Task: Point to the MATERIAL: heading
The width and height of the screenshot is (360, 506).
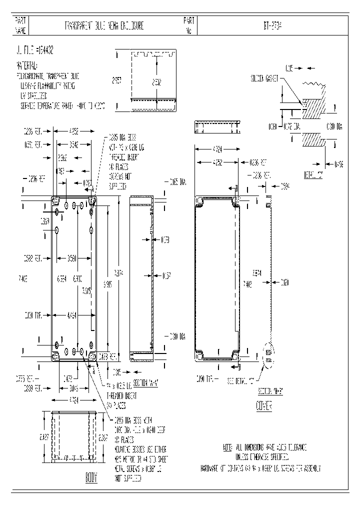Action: click(x=29, y=66)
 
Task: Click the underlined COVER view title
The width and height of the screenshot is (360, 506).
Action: click(x=263, y=406)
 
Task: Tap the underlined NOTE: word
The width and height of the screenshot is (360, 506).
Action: click(x=227, y=446)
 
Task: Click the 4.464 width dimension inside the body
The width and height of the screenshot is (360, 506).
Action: click(x=72, y=315)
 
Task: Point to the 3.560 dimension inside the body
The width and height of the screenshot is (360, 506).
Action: click(x=72, y=258)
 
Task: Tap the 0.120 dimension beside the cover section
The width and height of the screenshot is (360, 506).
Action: click(x=284, y=282)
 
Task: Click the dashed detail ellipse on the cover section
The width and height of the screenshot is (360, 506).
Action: click(x=268, y=356)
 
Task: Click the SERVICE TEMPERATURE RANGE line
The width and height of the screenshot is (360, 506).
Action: click(x=62, y=106)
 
